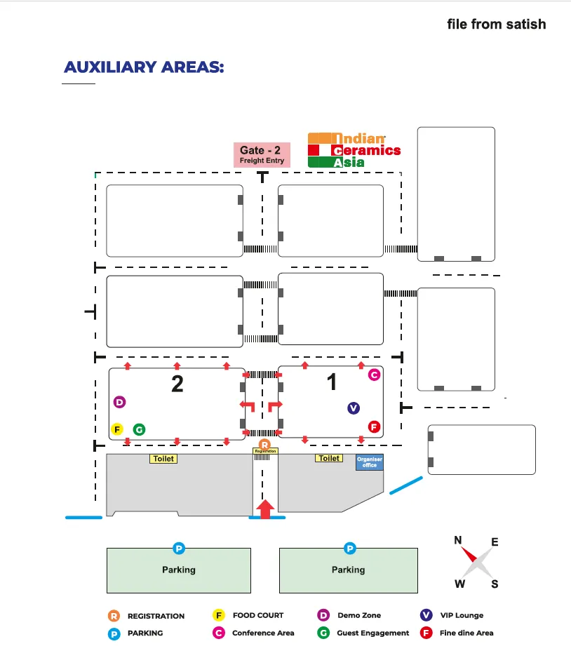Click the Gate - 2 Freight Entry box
tap(262, 154)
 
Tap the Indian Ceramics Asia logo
tap(354, 150)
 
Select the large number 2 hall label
tap(177, 384)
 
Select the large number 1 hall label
tap(332, 382)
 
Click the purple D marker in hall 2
tap(119, 402)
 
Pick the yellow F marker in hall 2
tap(117, 429)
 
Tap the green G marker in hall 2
tap(139, 429)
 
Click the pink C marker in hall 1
tap(374, 375)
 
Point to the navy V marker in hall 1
tap(354, 408)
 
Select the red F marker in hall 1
tap(374, 426)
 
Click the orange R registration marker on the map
tap(264, 445)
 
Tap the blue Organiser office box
tap(370, 462)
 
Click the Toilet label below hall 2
tap(163, 459)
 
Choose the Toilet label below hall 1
tap(329, 458)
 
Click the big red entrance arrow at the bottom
tap(265, 509)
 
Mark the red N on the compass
tap(458, 540)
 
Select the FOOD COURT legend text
tap(258, 615)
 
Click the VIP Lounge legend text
tap(462, 615)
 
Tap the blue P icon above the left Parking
tap(179, 548)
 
